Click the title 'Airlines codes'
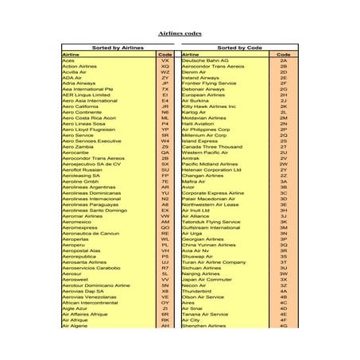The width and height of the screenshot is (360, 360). tap(180, 34)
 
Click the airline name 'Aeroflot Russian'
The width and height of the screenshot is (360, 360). tap(82, 169)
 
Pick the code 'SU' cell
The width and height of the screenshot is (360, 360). tap(165, 169)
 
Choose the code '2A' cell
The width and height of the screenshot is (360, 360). tap(283, 60)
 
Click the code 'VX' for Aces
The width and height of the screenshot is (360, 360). tap(165, 60)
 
